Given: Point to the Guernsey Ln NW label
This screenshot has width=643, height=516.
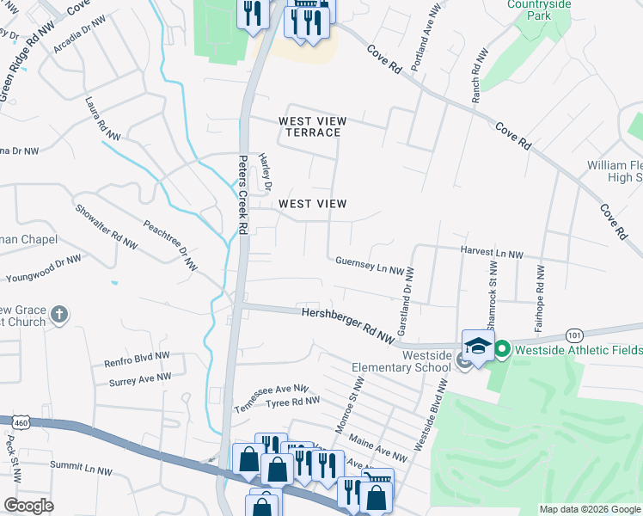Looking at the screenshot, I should tap(370, 265).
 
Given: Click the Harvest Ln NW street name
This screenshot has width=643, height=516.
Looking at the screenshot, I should tap(492, 254).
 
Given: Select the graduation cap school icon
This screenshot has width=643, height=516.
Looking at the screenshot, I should tap(478, 346).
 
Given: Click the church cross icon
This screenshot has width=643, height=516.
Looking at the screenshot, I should tap(58, 314).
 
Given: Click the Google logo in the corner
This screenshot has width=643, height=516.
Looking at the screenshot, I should tap(28, 505).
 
